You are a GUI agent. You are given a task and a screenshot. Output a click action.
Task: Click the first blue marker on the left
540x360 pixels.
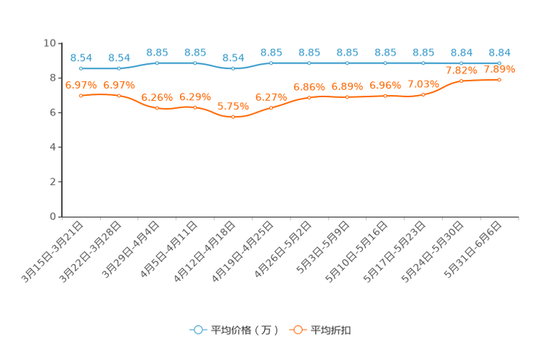coord(81,68)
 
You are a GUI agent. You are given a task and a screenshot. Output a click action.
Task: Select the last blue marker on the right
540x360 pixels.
coord(499,63)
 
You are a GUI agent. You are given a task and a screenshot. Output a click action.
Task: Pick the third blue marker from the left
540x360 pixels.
coord(157,63)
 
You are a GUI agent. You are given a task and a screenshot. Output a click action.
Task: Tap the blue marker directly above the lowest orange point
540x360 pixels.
coord(233,68)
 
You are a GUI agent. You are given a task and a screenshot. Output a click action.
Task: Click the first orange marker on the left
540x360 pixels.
coord(81,95)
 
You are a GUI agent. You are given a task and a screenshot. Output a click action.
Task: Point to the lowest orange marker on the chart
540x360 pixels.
coord(233,117)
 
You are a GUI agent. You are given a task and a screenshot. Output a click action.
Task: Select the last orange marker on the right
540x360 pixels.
coord(499,78)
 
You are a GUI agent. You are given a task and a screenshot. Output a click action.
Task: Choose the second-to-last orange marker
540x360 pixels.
coord(462,80)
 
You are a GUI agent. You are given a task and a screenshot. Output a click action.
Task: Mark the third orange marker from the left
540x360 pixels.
coord(157,108)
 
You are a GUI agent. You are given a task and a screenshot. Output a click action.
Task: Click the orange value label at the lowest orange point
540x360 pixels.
coord(233,107)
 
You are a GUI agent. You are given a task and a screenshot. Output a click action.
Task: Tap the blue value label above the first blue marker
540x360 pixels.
coord(81,57)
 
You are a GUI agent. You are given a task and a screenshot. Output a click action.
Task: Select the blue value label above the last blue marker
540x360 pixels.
coord(499,52)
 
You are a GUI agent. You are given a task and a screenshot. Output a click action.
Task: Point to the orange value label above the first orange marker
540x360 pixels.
coord(81,84)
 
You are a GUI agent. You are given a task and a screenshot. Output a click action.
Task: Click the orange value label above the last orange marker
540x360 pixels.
coord(499,70)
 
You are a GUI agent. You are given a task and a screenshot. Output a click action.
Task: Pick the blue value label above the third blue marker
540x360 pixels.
coord(157,52)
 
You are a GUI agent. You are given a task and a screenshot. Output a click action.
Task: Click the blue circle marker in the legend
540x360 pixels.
coord(197,330)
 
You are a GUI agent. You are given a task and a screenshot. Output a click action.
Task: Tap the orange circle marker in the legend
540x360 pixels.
coord(298,330)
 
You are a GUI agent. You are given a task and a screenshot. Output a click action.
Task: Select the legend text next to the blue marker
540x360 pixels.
coord(244,330)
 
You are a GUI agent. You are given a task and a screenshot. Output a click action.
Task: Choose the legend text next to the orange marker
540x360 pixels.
coord(332,330)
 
